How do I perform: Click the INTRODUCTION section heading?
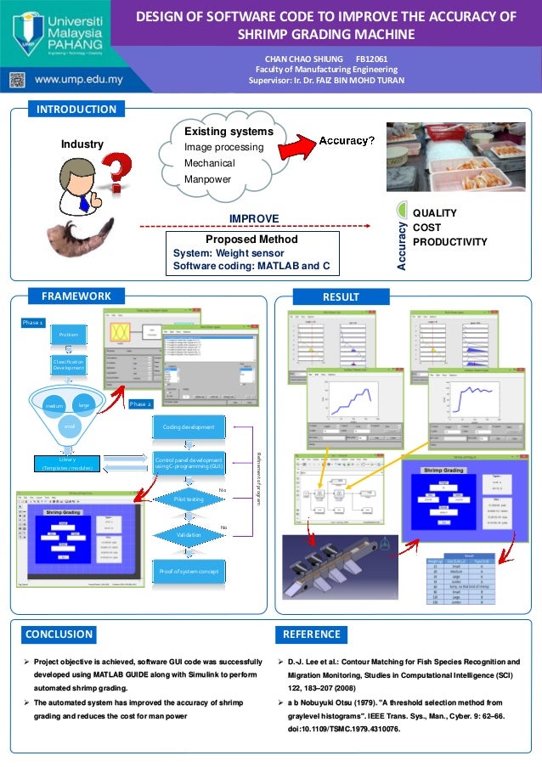76,109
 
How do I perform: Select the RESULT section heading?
340,296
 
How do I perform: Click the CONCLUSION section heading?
59,634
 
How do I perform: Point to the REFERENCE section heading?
311,634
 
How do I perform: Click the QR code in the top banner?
18,80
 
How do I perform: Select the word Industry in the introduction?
82,144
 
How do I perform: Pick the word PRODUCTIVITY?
449,243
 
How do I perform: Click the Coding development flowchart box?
189,426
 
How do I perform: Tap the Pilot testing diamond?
189,500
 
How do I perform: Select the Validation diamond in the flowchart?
189,535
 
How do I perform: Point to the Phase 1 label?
33,324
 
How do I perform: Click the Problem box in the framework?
69,336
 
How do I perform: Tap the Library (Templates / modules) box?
69,464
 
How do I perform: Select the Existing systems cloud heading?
229,133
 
